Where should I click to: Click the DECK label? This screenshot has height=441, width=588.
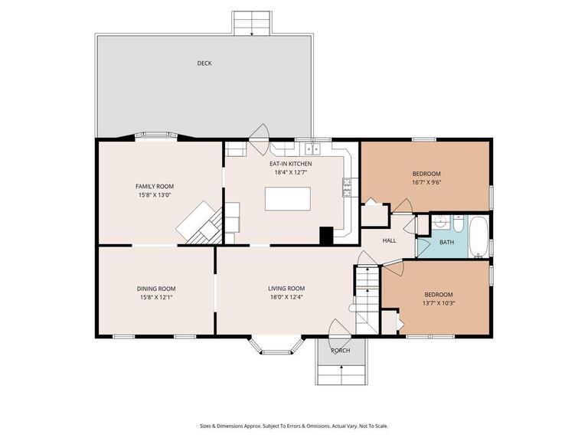click(204, 64)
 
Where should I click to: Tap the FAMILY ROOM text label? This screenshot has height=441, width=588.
click(155, 186)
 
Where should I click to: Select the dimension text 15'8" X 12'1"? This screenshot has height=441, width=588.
click(155, 297)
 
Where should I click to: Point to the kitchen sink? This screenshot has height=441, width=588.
click(312, 149)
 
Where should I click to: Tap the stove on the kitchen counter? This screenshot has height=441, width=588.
click(346, 184)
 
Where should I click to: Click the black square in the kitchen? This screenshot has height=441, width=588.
click(326, 236)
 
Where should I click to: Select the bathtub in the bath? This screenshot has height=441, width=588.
click(478, 237)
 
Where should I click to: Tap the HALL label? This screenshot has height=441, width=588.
click(389, 240)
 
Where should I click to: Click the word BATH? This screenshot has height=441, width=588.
click(446, 243)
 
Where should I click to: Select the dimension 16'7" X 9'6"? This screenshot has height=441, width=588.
click(426, 182)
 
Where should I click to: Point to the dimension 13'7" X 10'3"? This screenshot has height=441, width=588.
click(439, 303)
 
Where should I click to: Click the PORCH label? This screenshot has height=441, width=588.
click(340, 351)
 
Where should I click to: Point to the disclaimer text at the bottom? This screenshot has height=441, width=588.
click(294, 426)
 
